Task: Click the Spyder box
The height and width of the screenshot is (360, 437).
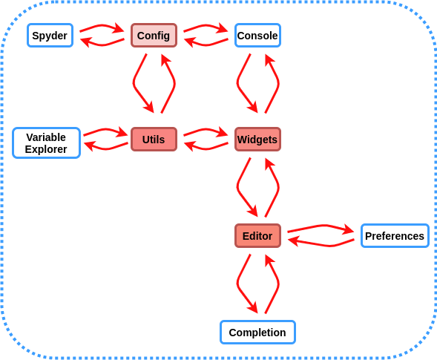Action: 50,35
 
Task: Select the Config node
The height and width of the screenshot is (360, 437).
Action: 154,35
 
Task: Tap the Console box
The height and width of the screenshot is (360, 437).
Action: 257,35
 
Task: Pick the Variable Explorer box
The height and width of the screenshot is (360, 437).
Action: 47,143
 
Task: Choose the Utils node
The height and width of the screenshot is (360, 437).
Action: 154,139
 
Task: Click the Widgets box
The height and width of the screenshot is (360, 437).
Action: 257,139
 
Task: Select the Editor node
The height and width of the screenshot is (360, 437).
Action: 257,235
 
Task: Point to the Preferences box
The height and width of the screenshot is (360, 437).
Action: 395,235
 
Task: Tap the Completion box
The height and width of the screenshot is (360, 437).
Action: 257,332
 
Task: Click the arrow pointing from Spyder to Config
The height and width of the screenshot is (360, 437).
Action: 102,26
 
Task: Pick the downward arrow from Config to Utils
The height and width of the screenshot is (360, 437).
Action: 134,83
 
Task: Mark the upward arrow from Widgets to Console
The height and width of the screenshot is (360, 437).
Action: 277,83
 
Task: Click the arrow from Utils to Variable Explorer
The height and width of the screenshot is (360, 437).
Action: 106,148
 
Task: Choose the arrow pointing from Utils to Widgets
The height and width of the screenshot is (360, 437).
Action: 206,130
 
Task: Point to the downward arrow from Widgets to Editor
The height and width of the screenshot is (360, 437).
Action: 238,187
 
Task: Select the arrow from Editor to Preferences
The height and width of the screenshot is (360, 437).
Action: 323,226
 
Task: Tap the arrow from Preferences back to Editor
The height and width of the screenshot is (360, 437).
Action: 330,246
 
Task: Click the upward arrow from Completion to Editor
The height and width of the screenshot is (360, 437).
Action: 277,284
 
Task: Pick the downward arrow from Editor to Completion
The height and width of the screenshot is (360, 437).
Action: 238,284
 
